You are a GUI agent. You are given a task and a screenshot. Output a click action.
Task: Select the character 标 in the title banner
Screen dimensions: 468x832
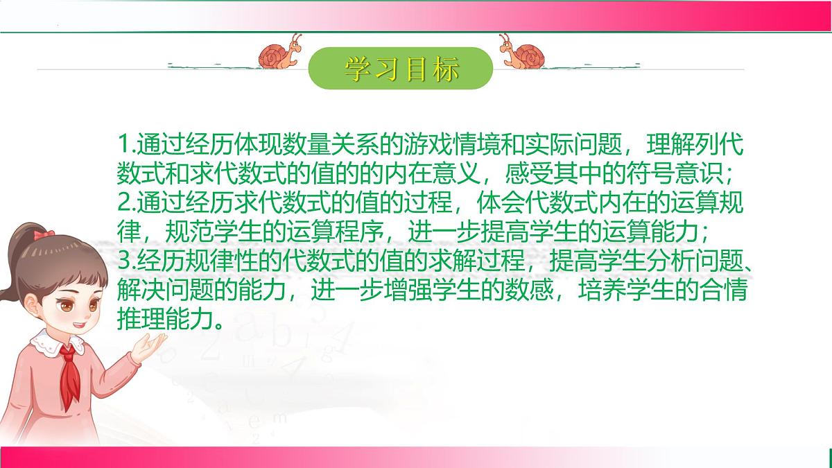444,69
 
